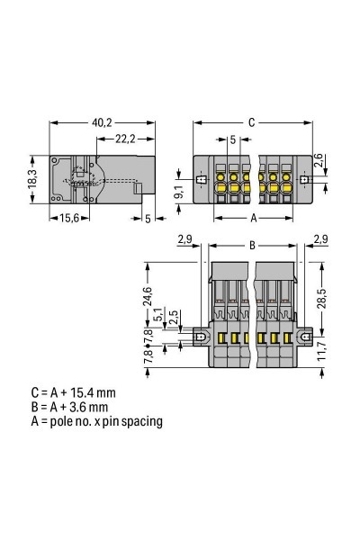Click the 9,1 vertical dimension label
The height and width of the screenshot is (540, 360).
click(x=178, y=190)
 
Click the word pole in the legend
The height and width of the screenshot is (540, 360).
click(x=57, y=420)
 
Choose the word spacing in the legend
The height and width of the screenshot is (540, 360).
click(x=141, y=420)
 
